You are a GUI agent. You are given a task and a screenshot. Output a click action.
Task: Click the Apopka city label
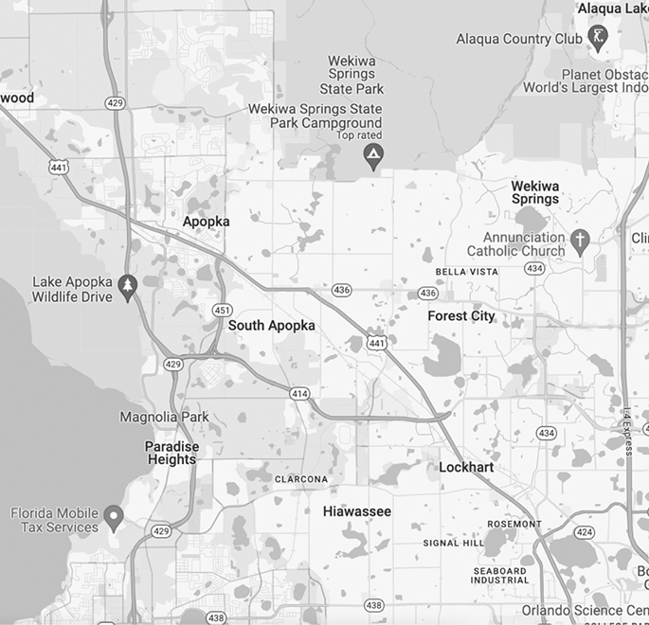(x=206, y=222)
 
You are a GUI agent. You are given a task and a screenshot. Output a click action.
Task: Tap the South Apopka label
(x=271, y=326)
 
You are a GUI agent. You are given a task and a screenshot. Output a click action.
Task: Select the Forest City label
(x=461, y=316)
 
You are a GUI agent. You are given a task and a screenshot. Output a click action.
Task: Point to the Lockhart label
(x=466, y=468)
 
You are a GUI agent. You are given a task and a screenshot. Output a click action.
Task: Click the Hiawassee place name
(x=356, y=511)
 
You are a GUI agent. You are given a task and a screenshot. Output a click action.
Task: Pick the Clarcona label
(x=301, y=479)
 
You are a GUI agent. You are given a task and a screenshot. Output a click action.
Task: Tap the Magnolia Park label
(x=164, y=418)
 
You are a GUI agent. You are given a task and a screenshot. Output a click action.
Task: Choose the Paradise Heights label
(x=171, y=453)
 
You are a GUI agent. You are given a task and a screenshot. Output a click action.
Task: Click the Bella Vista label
(x=466, y=272)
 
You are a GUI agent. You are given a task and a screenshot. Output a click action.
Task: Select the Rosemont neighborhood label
(x=514, y=524)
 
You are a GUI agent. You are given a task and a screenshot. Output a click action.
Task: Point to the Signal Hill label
(x=454, y=544)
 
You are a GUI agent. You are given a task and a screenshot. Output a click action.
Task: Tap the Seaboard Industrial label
(x=499, y=576)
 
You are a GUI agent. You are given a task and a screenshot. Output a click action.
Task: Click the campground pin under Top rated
(x=373, y=155)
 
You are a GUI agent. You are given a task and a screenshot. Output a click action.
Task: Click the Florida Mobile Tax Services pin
(x=114, y=517)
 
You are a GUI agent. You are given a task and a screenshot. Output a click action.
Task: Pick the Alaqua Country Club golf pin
(x=598, y=37)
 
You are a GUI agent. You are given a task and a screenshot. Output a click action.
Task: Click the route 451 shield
(x=223, y=310)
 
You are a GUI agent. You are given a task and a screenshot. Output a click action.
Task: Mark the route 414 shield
(x=299, y=393)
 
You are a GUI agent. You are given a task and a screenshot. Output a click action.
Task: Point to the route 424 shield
(x=585, y=533)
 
